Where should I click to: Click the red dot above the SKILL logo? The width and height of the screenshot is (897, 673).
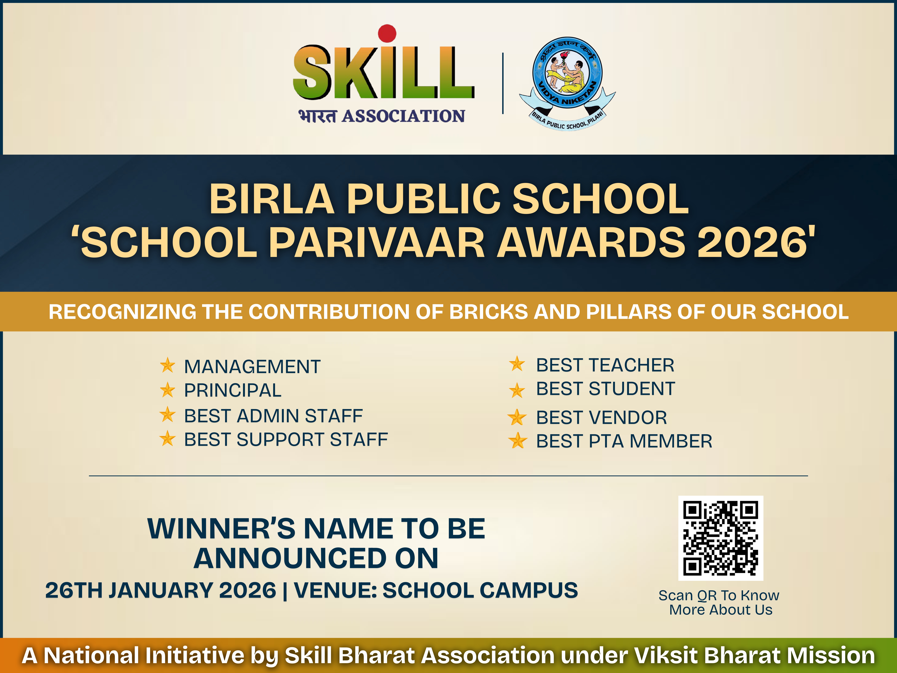[x=387, y=33]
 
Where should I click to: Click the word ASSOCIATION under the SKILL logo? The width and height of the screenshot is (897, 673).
[x=404, y=116]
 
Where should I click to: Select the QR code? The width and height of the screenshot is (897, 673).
[x=721, y=538]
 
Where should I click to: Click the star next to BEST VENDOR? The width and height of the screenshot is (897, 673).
[x=517, y=417]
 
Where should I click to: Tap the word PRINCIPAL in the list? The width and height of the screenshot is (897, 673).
[x=233, y=390]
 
